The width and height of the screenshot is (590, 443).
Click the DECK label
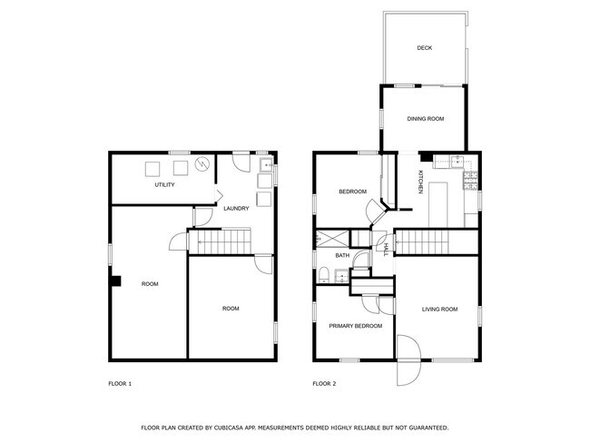[423, 48]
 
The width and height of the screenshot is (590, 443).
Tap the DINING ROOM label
[425, 119]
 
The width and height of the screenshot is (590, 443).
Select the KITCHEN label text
[419, 182]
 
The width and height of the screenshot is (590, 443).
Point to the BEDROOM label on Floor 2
[352, 192]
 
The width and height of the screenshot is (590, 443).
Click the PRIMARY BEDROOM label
[355, 326]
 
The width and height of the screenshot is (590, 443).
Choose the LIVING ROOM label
[439, 310]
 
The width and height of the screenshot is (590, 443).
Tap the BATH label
[342, 256]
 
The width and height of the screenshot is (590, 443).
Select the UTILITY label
[164, 185]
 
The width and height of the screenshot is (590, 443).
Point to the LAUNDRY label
[236, 210]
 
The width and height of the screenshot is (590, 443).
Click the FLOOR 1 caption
[120, 384]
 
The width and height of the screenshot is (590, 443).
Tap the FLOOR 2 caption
[324, 384]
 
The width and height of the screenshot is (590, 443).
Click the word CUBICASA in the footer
[237, 427]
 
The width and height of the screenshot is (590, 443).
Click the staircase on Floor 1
[223, 242]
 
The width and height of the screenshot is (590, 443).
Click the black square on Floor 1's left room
[115, 281]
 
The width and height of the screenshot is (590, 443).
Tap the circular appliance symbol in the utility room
[202, 164]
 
